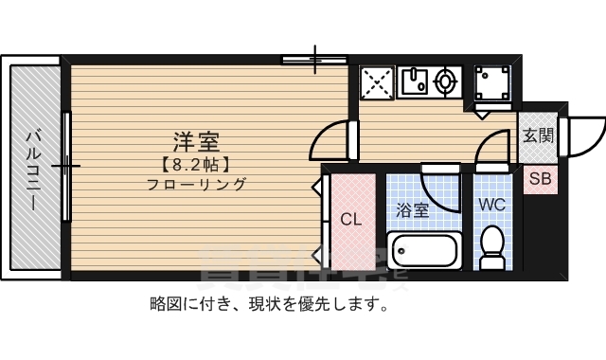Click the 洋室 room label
(x=196, y=143)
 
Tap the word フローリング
(x=196, y=185)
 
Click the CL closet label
(x=350, y=220)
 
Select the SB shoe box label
(x=539, y=178)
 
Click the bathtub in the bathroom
(x=424, y=251)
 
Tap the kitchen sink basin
(x=414, y=83)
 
